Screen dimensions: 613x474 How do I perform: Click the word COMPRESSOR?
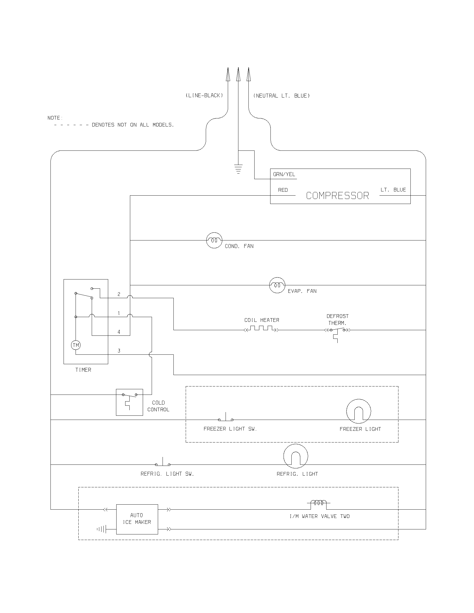(337, 196)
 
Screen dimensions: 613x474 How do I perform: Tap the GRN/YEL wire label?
(284, 174)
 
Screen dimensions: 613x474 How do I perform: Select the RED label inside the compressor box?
(283, 190)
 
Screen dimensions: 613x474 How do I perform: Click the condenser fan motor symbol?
(214, 240)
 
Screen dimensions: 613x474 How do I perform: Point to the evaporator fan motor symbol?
(277, 285)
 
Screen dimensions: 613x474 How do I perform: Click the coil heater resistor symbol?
(262, 329)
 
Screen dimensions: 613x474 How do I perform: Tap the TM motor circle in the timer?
(76, 345)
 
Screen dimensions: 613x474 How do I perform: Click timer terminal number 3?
(119, 351)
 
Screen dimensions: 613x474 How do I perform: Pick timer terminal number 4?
(119, 332)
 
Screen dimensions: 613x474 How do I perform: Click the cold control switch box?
(129, 402)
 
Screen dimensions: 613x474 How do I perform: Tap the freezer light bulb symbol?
(359, 411)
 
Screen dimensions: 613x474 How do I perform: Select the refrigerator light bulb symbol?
(296, 456)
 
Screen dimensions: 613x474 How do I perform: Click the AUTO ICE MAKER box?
(137, 519)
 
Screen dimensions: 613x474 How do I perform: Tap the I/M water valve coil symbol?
(318, 503)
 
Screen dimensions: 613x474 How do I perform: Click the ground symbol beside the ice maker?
(102, 529)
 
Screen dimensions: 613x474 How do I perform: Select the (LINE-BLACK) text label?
(204, 95)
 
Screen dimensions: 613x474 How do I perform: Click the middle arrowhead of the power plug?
(238, 74)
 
